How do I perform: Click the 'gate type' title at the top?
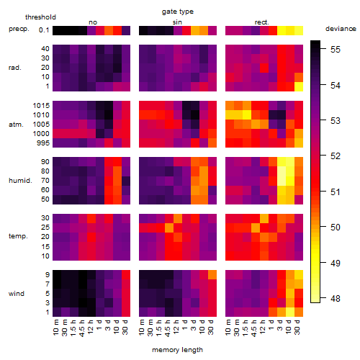(x=178, y=12)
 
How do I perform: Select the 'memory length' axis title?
(x=177, y=350)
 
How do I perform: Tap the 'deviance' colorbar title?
(x=341, y=29)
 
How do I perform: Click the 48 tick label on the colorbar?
(x=336, y=299)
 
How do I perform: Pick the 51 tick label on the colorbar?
(x=336, y=192)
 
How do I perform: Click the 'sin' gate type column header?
(x=177, y=22)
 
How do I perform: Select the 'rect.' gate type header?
(x=262, y=22)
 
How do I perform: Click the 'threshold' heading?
(x=40, y=17)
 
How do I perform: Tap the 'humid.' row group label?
(x=20, y=181)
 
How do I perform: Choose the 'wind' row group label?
(x=17, y=294)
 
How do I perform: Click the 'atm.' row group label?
(x=16, y=125)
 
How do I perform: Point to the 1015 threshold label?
(x=41, y=106)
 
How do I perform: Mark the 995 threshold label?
(x=43, y=143)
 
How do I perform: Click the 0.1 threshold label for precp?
(x=44, y=30)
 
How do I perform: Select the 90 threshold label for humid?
(x=45, y=162)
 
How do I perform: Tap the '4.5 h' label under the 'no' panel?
(x=82, y=328)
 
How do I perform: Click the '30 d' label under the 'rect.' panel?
(x=297, y=327)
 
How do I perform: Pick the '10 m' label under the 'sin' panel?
(x=142, y=328)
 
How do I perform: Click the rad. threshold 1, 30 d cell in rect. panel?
(x=299, y=86)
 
